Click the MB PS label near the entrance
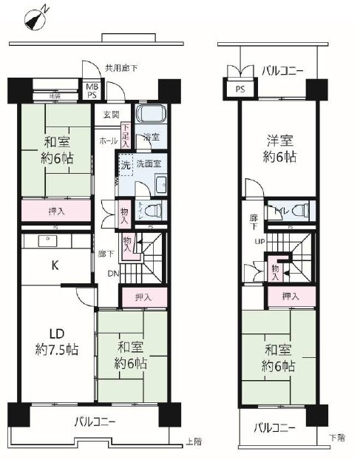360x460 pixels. tap(92, 89)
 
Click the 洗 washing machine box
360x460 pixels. tap(125, 165)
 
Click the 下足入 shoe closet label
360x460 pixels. tap(126, 134)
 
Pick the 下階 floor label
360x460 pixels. tap(336, 437)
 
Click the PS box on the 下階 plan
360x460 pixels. tap(240, 90)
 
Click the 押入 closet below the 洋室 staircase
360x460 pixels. tap(291, 297)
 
